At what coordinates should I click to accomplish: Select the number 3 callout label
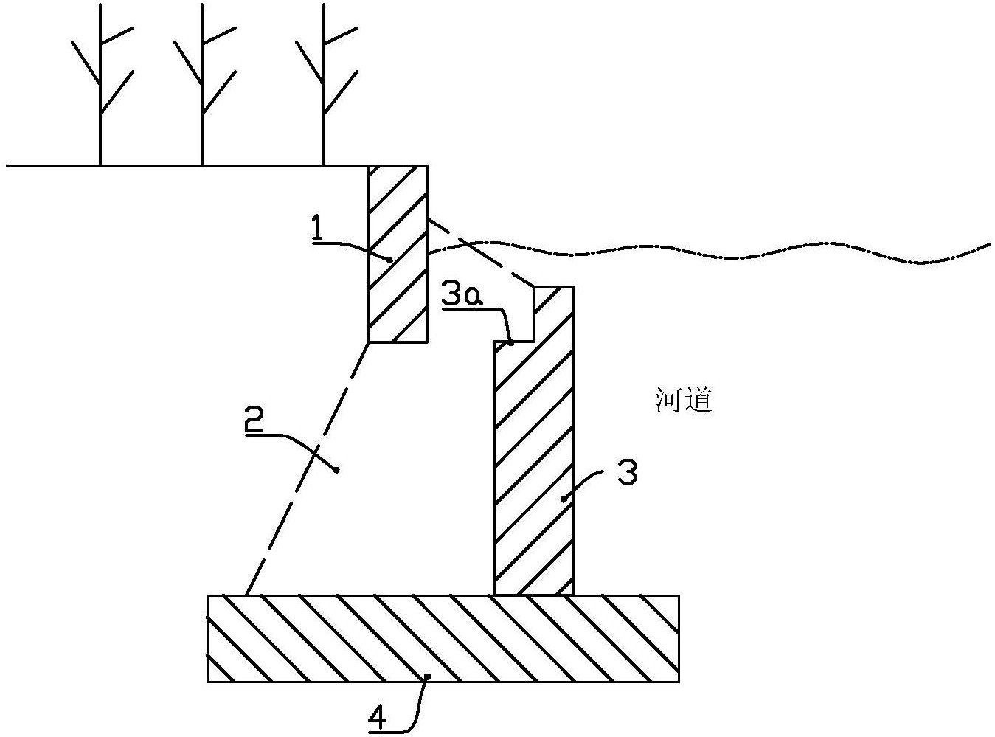point(627,473)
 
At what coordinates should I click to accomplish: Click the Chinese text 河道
point(683,401)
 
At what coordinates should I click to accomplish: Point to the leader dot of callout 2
point(337,469)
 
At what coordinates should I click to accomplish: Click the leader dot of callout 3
point(563,499)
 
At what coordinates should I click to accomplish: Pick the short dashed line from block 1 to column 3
point(479,251)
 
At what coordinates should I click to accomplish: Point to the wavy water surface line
point(738,257)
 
